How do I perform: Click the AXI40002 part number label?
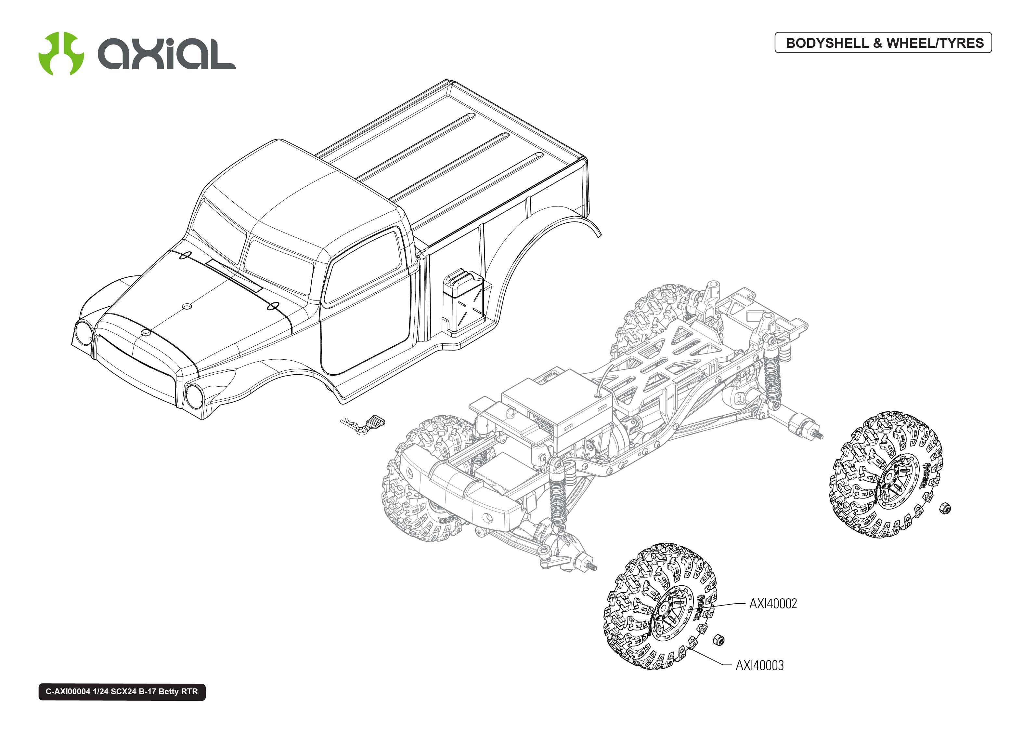773,604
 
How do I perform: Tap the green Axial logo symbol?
61,53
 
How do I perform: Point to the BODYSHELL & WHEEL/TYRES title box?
883,43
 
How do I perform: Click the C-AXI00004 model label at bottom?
122,691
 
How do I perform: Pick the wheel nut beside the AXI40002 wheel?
719,640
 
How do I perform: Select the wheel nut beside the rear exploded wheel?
945,509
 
